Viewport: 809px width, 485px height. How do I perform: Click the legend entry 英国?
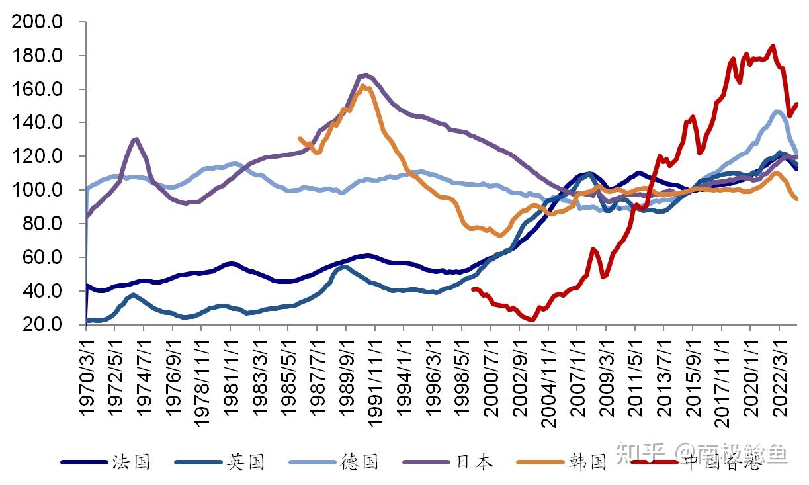(245, 462)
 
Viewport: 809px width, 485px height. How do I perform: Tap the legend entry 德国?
(360, 462)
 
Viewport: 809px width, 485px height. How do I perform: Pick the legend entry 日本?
(474, 462)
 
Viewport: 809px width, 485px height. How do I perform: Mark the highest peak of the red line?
(773, 46)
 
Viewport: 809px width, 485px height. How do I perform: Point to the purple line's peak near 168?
(366, 75)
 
